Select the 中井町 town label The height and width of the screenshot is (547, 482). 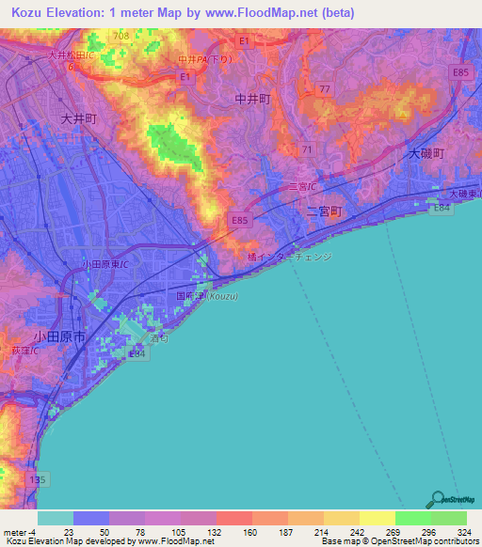(252, 97)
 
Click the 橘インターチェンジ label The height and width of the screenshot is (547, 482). (289, 255)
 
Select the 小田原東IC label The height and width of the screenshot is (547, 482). (104, 265)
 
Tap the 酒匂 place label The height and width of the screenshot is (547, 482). (158, 337)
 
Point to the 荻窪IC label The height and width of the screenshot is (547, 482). (24, 351)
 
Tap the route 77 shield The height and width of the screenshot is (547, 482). (325, 88)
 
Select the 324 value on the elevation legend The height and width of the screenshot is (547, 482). (463, 531)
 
